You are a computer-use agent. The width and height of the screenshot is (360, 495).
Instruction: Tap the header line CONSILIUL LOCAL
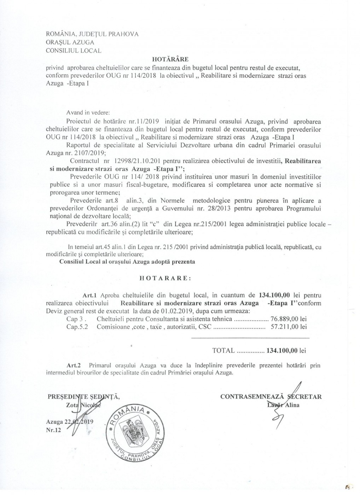tap(74, 51)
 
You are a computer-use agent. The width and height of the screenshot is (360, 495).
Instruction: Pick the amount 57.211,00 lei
tap(288, 327)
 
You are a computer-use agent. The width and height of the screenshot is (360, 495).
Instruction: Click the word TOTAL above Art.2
tap(223, 351)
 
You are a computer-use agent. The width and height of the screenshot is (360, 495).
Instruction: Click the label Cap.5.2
tap(77, 327)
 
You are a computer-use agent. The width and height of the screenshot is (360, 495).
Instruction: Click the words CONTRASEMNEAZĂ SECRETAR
tap(271, 396)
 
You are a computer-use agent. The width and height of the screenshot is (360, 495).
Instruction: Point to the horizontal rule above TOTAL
tap(250, 338)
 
